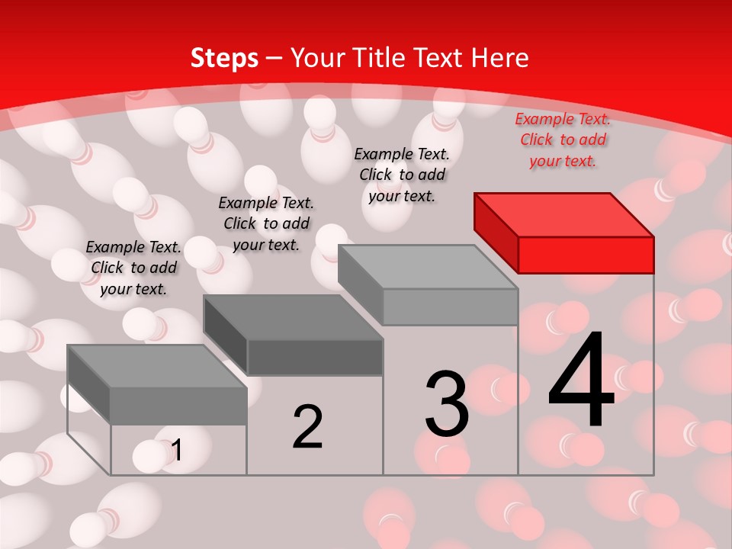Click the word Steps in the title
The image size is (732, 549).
[224, 59]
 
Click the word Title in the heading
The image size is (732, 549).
[377, 58]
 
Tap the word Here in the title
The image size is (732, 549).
[500, 58]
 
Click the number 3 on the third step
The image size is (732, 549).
[447, 403]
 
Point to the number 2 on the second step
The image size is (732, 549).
[308, 426]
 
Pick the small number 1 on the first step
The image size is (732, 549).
[177, 450]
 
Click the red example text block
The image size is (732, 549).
[563, 140]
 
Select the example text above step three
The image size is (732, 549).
[402, 175]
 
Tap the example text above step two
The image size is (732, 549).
[266, 223]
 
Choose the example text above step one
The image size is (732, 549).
[133, 268]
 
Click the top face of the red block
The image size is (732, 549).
[563, 214]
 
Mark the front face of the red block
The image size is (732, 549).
[586, 255]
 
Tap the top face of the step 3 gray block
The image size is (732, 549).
[427, 267]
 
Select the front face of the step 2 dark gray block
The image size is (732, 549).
[314, 357]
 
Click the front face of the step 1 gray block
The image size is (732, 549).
[178, 406]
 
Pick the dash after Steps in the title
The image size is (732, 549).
[274, 59]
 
